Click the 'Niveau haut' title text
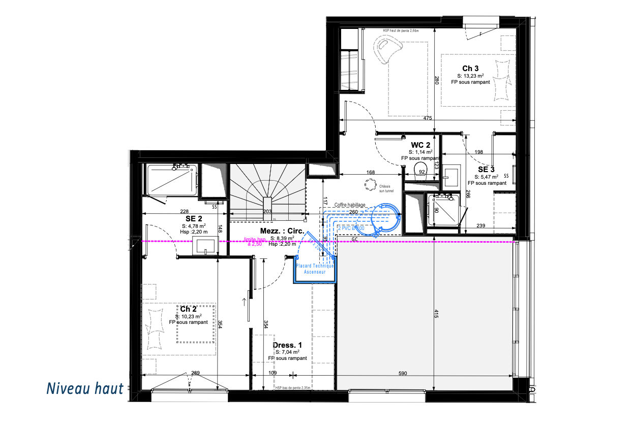pyautogui.click(x=85, y=389)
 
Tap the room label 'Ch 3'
pyautogui.click(x=470, y=68)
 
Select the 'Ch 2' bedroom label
pyautogui.click(x=188, y=309)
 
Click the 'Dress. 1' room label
pyautogui.click(x=287, y=345)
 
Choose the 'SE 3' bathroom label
pyautogui.click(x=487, y=169)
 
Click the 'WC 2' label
pyautogui.click(x=421, y=145)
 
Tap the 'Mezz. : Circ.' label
pyautogui.click(x=282, y=231)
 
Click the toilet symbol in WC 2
pyautogui.click(x=420, y=169)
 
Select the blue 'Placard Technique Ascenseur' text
pyautogui.click(x=315, y=269)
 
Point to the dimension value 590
pyautogui.click(x=403, y=374)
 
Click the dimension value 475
pyautogui.click(x=428, y=118)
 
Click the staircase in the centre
pyautogui.click(x=266, y=190)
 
